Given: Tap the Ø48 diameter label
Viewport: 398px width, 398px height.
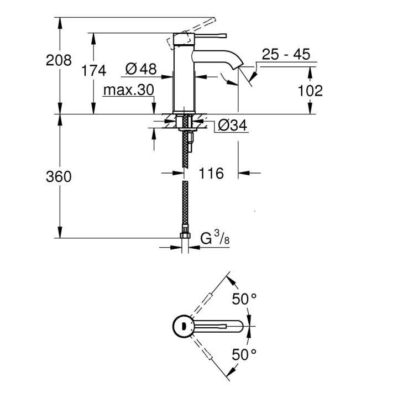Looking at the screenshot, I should point(141,69).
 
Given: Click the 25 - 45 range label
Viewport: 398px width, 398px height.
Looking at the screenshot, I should point(286,55).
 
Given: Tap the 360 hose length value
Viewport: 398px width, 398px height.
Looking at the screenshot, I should point(59,177).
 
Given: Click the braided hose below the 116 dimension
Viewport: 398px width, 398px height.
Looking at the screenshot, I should point(185,205).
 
